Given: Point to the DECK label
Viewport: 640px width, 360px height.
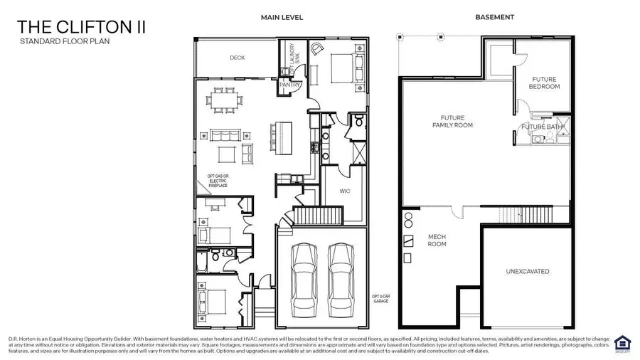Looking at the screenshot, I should pyautogui.click(x=238, y=58).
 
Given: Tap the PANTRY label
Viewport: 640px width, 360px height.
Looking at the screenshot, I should pyautogui.click(x=289, y=85).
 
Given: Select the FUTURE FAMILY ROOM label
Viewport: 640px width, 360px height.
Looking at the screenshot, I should pyautogui.click(x=457, y=121).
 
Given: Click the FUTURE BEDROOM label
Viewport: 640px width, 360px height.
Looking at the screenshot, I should pyautogui.click(x=544, y=83).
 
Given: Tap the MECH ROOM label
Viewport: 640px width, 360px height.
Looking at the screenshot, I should pyautogui.click(x=437, y=240).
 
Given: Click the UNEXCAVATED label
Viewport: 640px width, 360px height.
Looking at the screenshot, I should pyautogui.click(x=527, y=271).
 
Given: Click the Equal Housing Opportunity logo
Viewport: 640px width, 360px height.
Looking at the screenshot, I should pyautogui.click(x=622, y=342).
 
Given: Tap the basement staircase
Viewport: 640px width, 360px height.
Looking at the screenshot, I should pyautogui.click(x=523, y=214).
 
